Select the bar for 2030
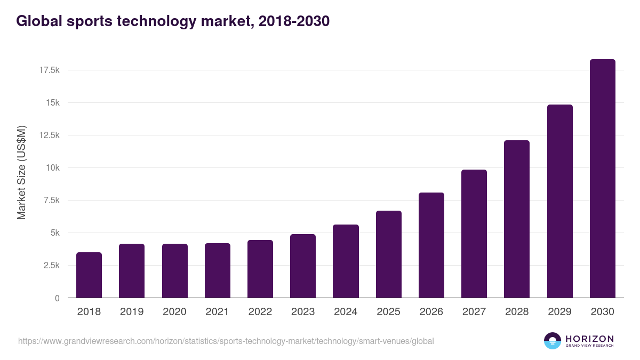coord(602,179)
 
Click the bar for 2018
coord(89,275)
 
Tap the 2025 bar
coord(388,254)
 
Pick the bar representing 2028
coord(517,219)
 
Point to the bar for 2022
coord(260,269)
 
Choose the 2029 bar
coord(559,201)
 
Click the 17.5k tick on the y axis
coord(49,70)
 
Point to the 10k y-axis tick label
coord(52,168)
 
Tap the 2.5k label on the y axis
coord(51,266)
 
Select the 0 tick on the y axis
coord(57,298)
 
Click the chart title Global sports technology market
coord(173,21)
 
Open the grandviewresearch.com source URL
coord(226,341)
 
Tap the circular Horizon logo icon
coord(553,341)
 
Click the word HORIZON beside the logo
coord(589,338)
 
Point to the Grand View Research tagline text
coord(589,346)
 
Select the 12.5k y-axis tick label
coord(49,135)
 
